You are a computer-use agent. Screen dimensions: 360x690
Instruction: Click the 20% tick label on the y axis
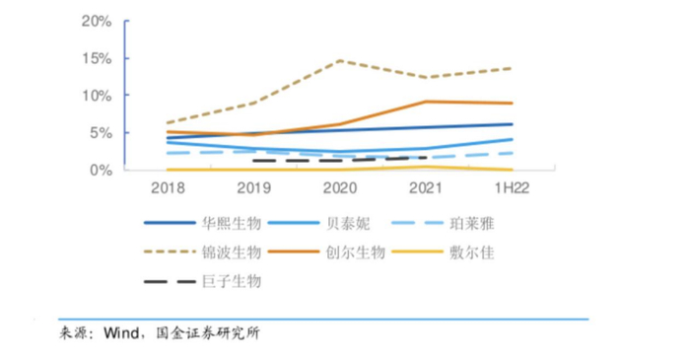[x=97, y=21]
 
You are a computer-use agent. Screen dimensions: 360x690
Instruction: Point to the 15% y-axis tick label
[x=97, y=58]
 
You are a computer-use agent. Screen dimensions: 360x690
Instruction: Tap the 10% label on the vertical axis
[x=97, y=96]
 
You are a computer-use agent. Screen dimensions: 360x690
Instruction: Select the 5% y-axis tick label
[x=101, y=133]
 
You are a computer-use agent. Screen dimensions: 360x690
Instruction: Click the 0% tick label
[x=101, y=171]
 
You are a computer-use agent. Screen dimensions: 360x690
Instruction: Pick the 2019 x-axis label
[x=254, y=187]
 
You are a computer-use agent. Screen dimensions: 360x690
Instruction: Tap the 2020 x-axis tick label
[x=339, y=187]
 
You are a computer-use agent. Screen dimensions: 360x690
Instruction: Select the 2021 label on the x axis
[x=424, y=187]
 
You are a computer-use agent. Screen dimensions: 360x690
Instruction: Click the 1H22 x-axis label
[x=510, y=187]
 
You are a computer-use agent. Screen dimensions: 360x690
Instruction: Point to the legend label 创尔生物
[x=354, y=252]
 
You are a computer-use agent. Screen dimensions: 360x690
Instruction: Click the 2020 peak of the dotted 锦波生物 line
[x=339, y=60]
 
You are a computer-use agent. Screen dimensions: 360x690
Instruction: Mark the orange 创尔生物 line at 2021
[x=424, y=102]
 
